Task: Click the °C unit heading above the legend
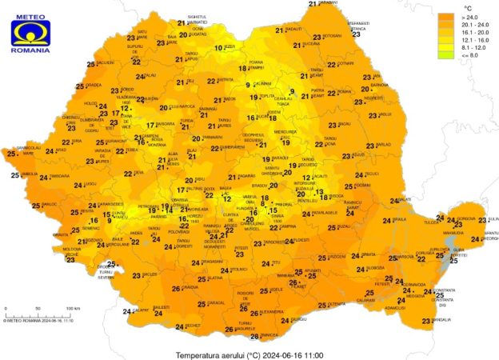468,7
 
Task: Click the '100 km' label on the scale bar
73,308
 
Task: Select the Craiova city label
190,287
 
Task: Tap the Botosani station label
332,36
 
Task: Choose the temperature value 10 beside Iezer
218,48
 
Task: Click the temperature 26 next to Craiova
176,289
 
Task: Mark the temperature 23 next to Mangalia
426,321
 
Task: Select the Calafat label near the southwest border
140,310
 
